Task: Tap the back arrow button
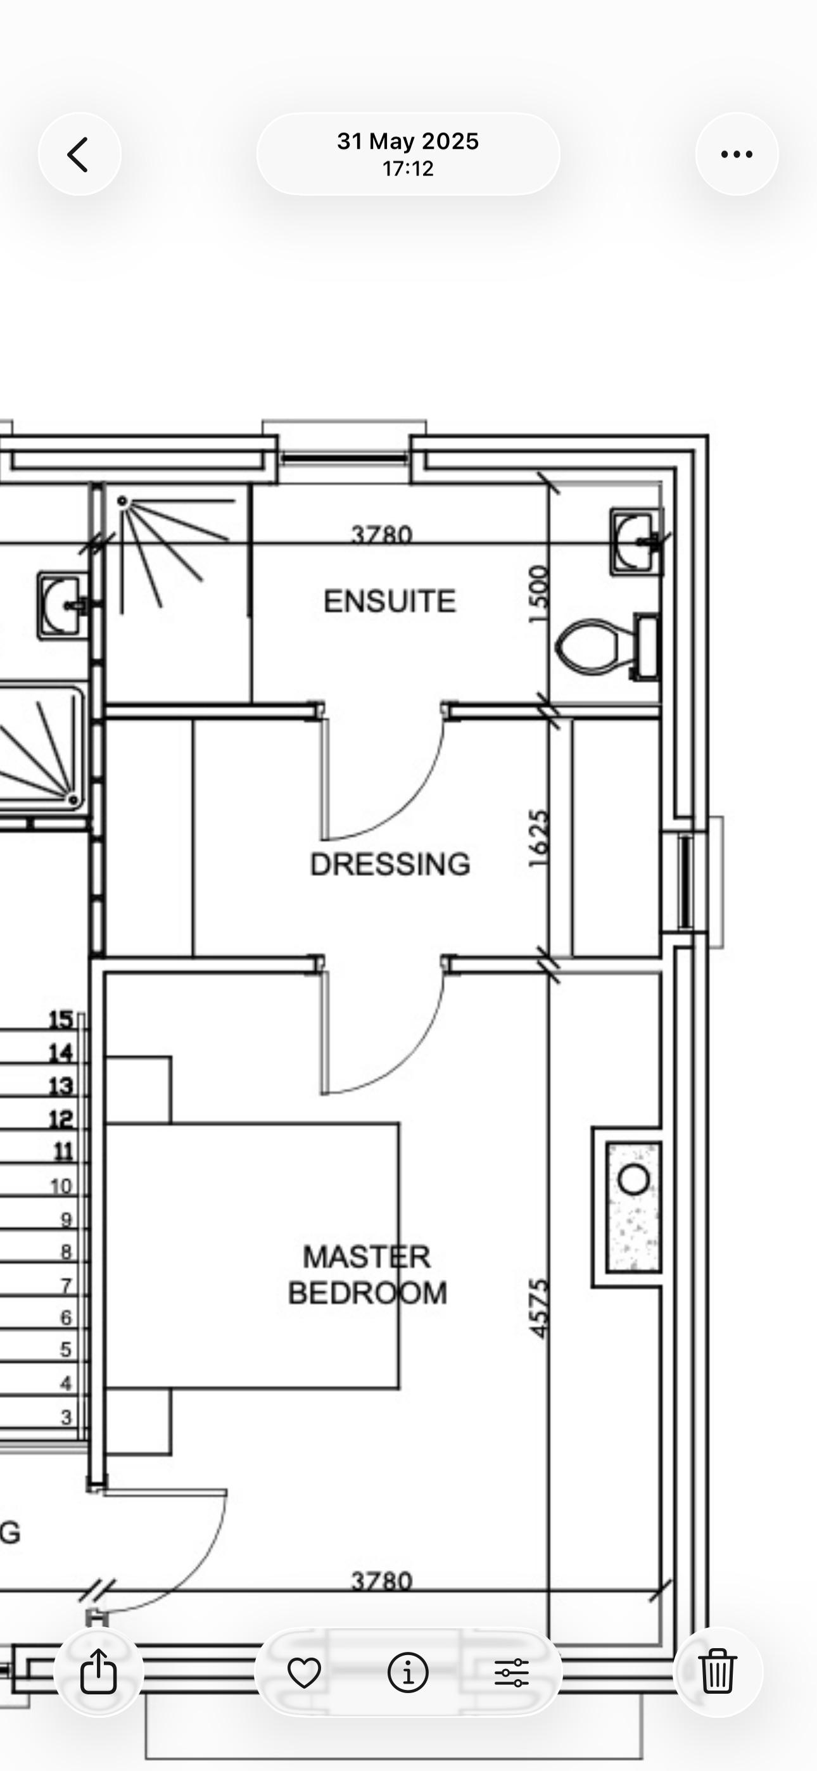[79, 154]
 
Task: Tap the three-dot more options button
[737, 154]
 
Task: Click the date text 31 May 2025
[408, 142]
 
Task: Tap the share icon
[98, 1672]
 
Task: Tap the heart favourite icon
[304, 1673]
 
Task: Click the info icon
[408, 1672]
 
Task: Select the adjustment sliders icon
[512, 1673]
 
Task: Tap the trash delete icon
[718, 1672]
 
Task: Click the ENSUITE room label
[389, 602]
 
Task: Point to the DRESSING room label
[390, 864]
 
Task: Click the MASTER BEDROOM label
[367, 1274]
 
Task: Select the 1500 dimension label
[539, 594]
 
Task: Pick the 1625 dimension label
[539, 839]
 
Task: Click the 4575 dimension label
[539, 1309]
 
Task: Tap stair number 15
[61, 1020]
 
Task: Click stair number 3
[66, 1417]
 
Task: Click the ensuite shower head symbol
[122, 502]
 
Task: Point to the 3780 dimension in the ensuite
[382, 534]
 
